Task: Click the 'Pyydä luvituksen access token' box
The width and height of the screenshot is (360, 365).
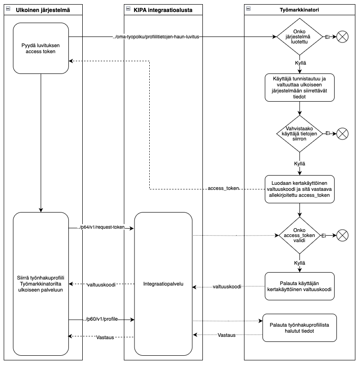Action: (x=41, y=48)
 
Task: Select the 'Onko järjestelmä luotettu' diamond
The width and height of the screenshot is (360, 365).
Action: (x=299, y=37)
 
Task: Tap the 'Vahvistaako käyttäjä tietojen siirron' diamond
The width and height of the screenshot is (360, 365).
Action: (x=299, y=134)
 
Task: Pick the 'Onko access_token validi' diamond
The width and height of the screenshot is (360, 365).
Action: (x=299, y=235)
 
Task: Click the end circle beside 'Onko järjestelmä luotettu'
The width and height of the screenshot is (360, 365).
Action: (x=342, y=37)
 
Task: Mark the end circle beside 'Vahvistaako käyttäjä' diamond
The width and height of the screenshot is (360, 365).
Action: (x=342, y=134)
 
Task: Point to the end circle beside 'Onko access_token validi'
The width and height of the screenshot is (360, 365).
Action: (x=342, y=235)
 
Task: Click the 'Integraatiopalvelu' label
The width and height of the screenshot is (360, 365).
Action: (x=163, y=284)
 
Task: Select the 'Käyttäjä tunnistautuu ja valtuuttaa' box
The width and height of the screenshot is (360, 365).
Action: (x=299, y=87)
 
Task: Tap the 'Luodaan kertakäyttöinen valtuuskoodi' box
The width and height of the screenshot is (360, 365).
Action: (x=299, y=189)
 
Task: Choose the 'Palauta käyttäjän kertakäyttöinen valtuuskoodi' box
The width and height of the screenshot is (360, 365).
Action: (x=299, y=286)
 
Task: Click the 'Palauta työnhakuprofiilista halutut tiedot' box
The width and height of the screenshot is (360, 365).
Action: (x=299, y=328)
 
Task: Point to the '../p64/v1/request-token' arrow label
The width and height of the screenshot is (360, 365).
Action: (x=101, y=227)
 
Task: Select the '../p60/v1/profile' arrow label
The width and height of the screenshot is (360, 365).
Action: (x=100, y=319)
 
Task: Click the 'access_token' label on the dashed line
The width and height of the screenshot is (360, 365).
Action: (x=223, y=188)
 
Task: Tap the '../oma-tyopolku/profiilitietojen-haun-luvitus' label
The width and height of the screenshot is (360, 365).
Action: (x=156, y=37)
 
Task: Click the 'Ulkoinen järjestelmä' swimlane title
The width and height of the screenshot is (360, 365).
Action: (x=43, y=10)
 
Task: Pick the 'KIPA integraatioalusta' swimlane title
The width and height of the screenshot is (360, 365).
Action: (x=163, y=10)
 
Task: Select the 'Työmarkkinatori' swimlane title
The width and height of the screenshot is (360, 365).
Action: (x=299, y=10)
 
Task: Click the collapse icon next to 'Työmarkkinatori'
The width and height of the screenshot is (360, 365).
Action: (x=248, y=9)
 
